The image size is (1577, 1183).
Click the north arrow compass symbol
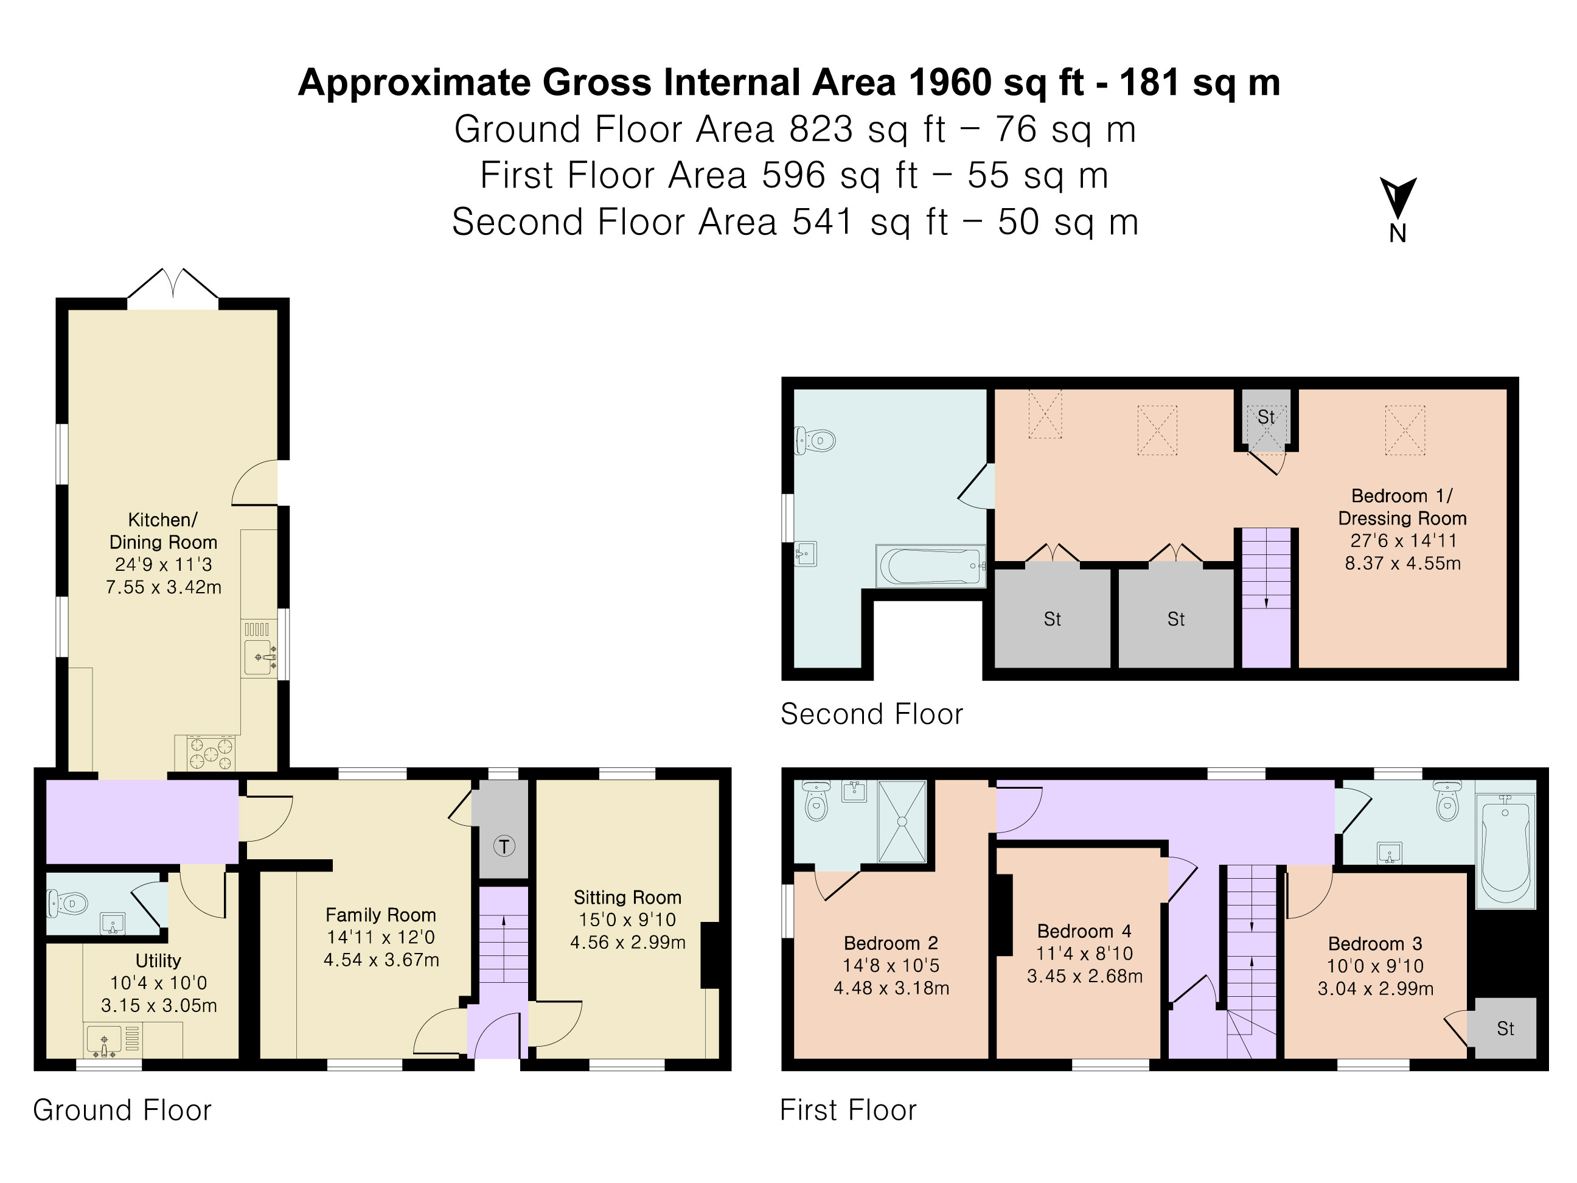(x=1398, y=200)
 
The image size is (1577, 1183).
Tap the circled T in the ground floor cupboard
(x=504, y=846)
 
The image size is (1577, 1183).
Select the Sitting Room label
(x=627, y=897)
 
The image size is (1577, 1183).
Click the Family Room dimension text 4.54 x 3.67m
(x=381, y=960)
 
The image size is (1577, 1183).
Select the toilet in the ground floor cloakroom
(x=67, y=904)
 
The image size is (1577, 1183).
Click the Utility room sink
(x=104, y=1039)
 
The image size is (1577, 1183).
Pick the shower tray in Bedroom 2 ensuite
(x=902, y=822)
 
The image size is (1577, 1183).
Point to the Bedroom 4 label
(x=1084, y=931)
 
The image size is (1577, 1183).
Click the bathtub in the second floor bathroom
(x=930, y=566)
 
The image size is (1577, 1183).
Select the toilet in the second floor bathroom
(x=815, y=441)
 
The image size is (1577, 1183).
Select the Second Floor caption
(x=871, y=714)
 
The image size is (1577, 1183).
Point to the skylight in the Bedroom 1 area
(x=1404, y=430)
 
